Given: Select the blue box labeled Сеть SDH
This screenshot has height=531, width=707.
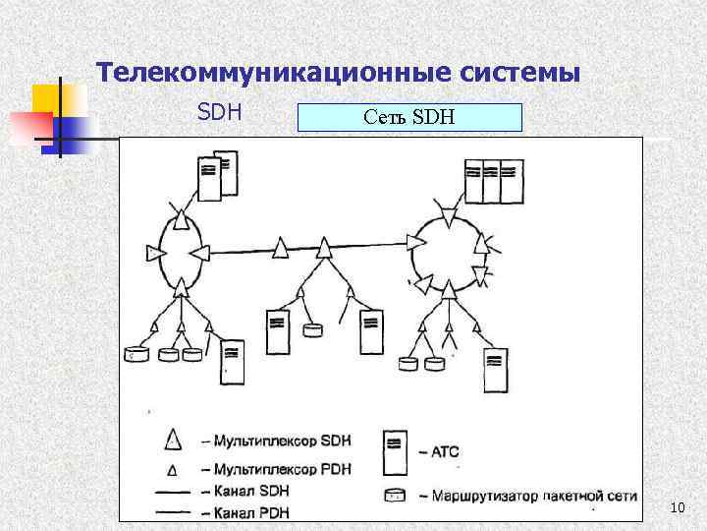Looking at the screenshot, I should (409, 119).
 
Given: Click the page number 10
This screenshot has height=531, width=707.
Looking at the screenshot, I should (676, 507).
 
